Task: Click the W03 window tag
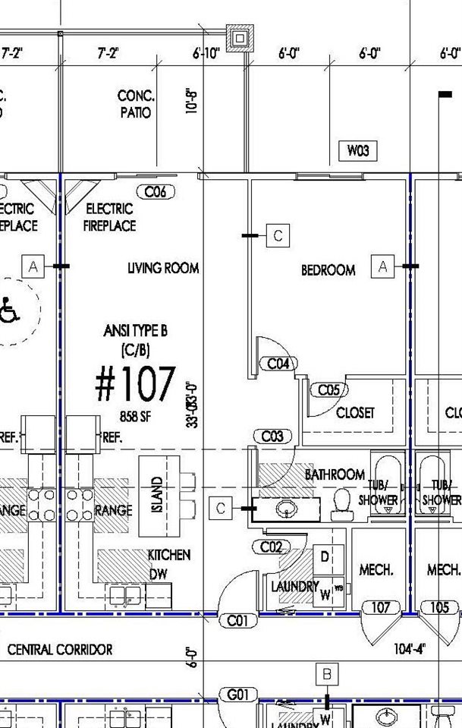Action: click(357, 151)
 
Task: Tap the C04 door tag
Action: click(278, 364)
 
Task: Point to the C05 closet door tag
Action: click(328, 390)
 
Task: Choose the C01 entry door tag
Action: click(237, 621)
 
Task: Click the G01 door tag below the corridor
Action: click(237, 695)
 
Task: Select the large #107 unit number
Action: click(135, 384)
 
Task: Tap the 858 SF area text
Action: click(139, 415)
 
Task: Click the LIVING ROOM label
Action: click(162, 268)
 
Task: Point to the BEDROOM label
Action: click(328, 270)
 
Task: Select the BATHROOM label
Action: click(335, 474)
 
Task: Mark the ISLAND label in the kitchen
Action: click(158, 493)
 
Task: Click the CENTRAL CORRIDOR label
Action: click(60, 650)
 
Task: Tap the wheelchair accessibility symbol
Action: click(10, 310)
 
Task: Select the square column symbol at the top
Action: click(240, 36)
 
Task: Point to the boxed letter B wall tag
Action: click(326, 673)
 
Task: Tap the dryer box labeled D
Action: click(325, 557)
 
